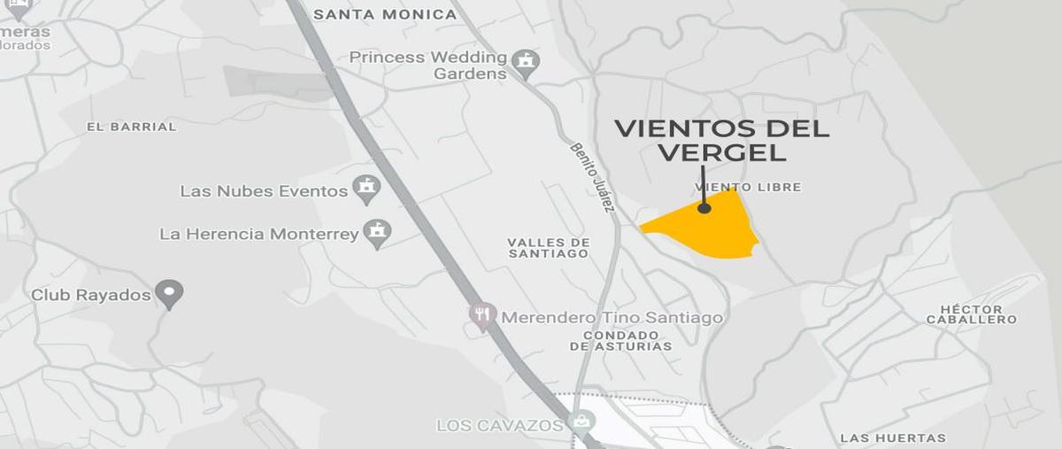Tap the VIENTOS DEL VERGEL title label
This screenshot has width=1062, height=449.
click(x=721, y=140)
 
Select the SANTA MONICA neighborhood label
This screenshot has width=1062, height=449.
click(x=385, y=14)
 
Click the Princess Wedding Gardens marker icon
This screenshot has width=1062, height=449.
click(x=527, y=62)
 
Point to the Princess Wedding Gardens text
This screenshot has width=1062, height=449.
click(x=428, y=66)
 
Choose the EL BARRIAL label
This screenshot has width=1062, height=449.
click(x=131, y=127)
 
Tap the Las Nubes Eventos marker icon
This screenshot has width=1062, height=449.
click(x=366, y=188)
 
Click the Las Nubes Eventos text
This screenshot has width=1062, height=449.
click(x=264, y=191)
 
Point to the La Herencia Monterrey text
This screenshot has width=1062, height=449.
click(x=259, y=235)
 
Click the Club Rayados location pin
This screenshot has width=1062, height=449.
click(x=168, y=292)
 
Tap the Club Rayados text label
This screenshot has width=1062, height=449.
click(x=91, y=295)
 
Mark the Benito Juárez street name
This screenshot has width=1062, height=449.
click(x=592, y=177)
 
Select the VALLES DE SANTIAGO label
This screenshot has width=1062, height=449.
click(x=548, y=247)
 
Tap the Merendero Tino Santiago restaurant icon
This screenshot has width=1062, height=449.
click(x=482, y=315)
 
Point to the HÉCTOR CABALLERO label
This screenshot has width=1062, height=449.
click(x=971, y=314)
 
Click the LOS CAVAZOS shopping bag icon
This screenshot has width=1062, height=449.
click(x=581, y=422)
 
